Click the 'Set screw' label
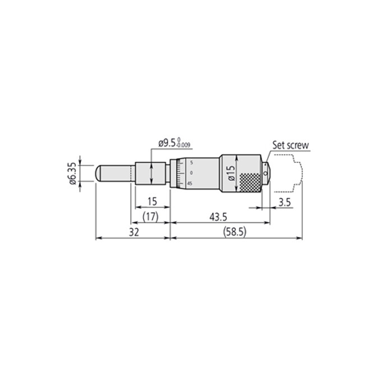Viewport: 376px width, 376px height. tap(291, 144)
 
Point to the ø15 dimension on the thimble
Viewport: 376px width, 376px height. tap(231, 172)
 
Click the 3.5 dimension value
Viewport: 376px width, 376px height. tap(284, 203)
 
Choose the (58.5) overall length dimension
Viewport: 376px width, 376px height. tap(236, 231)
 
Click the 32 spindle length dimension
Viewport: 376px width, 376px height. tap(132, 231)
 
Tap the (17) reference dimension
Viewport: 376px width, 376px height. tap(150, 216)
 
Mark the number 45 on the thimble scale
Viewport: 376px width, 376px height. tap(190, 183)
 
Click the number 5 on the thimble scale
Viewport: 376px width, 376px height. tap(191, 162)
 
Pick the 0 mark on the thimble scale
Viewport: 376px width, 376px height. tap(191, 172)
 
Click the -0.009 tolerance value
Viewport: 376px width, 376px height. tap(184, 146)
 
